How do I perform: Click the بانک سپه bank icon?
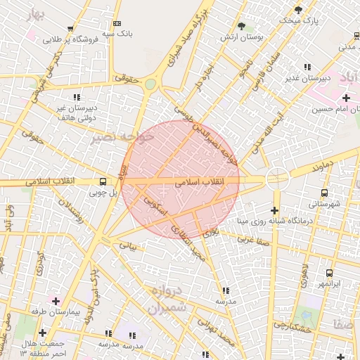117,23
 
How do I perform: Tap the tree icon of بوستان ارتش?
242,25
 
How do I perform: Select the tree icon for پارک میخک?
298,10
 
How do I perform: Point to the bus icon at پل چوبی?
103,180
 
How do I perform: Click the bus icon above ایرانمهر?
328,272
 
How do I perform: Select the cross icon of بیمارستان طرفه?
56,300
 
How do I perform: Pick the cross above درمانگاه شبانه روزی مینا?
274,210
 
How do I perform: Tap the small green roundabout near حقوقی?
150,84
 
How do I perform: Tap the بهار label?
35,15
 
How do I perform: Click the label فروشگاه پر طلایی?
68,40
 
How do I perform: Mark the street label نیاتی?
127,247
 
